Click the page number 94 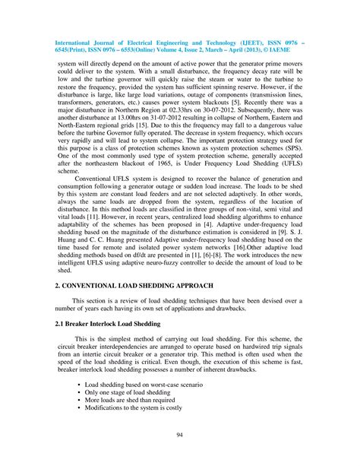pyautogui.click(x=180, y=435)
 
